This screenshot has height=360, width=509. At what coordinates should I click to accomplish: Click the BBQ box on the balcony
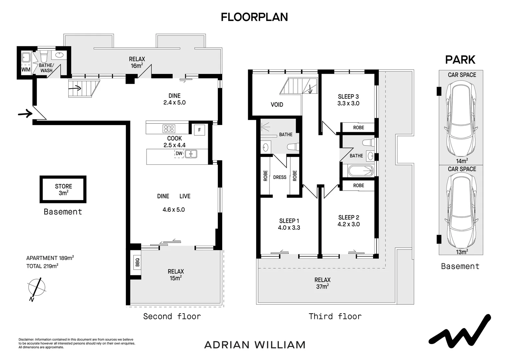tap(137, 262)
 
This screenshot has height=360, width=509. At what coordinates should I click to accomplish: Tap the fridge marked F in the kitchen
tap(200, 130)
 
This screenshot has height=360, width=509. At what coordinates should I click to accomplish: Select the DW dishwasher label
tap(179, 154)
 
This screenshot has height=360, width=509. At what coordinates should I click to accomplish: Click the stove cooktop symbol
tap(169, 129)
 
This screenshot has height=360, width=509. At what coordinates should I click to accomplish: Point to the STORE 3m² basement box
tap(63, 189)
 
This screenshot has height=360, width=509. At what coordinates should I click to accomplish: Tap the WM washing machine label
tap(26, 69)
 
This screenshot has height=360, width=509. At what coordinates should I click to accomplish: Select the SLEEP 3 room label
tap(348, 97)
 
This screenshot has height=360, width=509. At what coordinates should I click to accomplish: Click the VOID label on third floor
tap(277, 105)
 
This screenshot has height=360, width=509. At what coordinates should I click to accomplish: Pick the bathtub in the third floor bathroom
tap(361, 171)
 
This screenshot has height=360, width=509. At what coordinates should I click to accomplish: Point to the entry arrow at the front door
tap(25, 113)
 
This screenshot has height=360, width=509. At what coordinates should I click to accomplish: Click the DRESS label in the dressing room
tap(280, 177)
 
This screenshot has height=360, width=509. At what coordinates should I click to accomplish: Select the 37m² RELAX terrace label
tap(322, 283)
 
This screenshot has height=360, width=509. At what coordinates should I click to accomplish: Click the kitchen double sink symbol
tap(191, 154)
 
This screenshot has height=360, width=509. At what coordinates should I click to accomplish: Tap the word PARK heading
tap(460, 60)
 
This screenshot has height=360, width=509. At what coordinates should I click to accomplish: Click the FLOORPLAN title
tap(254, 17)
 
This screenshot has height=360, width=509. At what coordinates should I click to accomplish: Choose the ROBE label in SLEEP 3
tap(358, 128)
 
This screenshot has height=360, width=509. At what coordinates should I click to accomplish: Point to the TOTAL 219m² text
tap(42, 266)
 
